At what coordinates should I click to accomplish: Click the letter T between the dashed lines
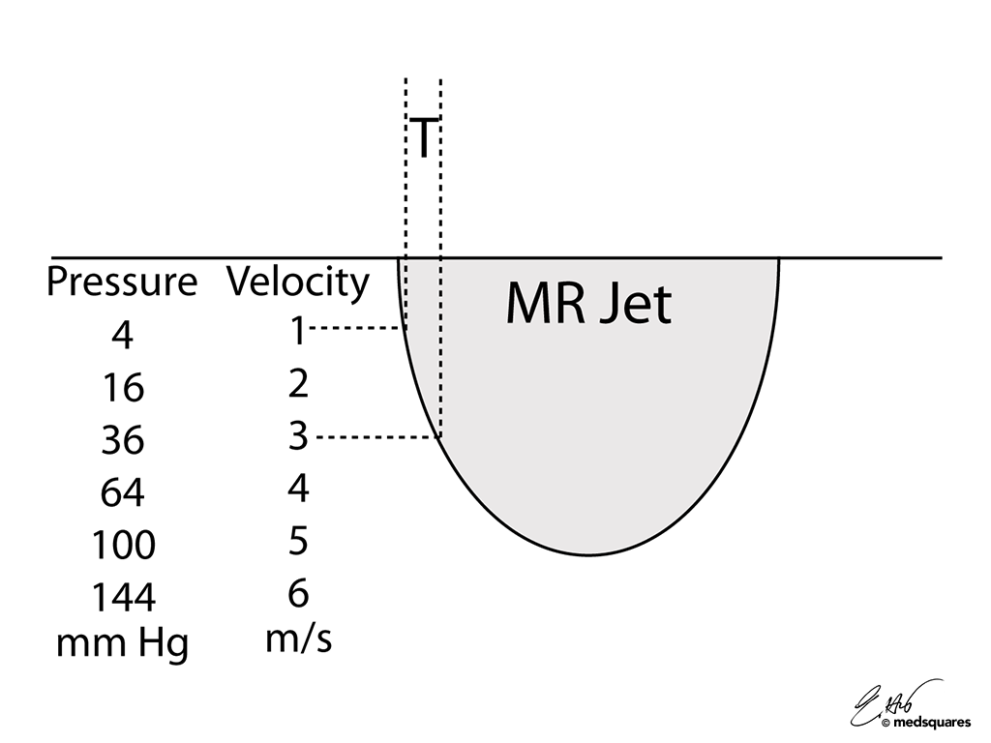(424, 137)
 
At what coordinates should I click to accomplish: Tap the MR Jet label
(587, 305)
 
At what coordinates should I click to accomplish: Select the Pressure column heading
(122, 282)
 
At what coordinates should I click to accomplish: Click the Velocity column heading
(298, 282)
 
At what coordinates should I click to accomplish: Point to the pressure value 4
(122, 337)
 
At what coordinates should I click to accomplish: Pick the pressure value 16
(122, 389)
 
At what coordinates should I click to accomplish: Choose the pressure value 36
(122, 441)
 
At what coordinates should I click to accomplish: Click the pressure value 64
(122, 493)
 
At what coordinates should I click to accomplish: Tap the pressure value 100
(123, 546)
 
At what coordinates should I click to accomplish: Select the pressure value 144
(123, 598)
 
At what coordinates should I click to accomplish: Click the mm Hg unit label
(122, 643)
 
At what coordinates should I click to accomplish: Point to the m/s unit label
(298, 639)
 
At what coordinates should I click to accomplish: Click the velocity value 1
(298, 332)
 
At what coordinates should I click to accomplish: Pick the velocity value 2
(298, 384)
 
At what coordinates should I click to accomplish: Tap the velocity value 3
(298, 436)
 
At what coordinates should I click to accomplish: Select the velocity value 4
(298, 489)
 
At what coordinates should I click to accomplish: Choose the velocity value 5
(298, 541)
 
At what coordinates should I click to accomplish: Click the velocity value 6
(298, 592)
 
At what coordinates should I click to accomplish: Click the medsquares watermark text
(932, 722)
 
